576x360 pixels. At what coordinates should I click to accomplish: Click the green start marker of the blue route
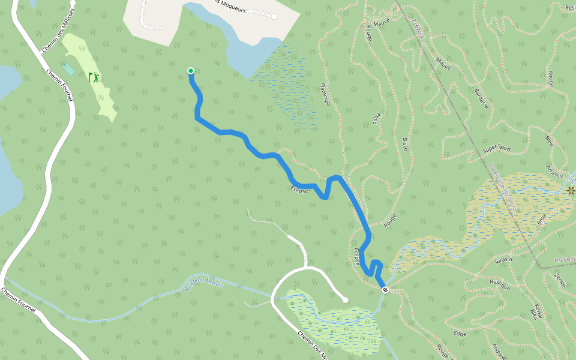[191, 71]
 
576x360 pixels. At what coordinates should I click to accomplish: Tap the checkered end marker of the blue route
[385, 290]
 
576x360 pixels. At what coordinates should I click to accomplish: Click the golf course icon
[94, 77]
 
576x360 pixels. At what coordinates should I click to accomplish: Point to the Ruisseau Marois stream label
[204, 284]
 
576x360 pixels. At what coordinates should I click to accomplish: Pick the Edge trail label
[460, 334]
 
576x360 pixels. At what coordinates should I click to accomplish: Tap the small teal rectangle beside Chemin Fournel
[68, 69]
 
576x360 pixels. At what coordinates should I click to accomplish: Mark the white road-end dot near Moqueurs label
[274, 17]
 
